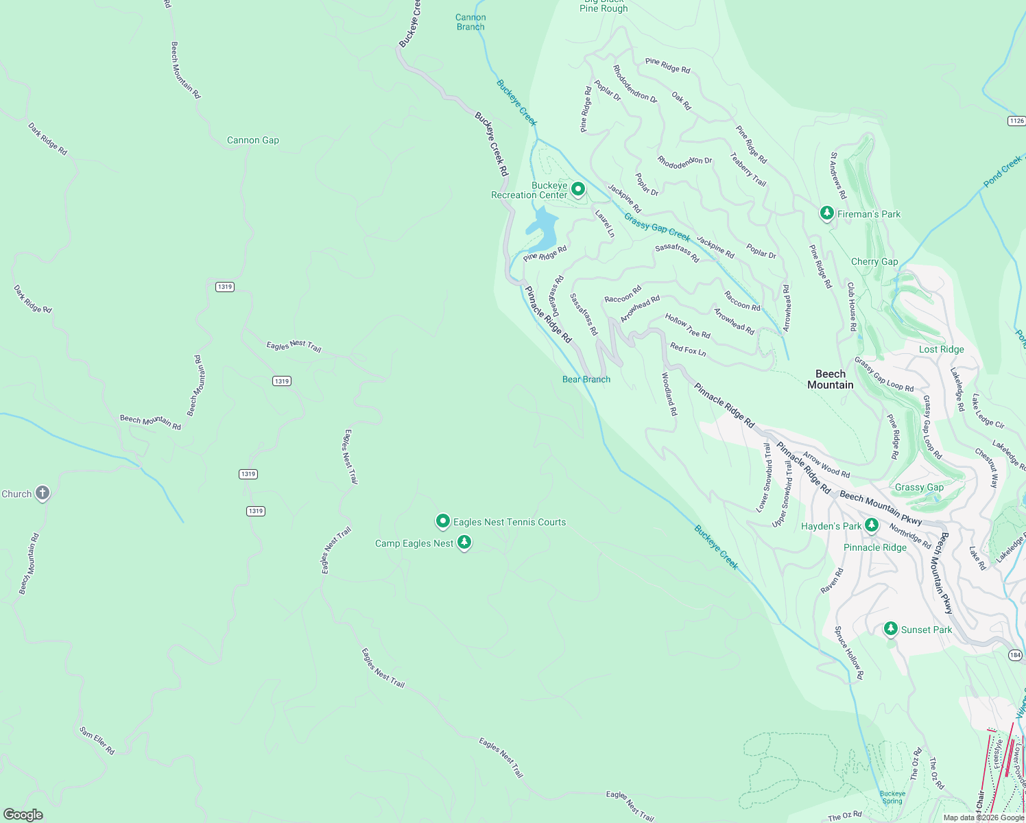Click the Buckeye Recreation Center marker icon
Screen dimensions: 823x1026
[578, 189]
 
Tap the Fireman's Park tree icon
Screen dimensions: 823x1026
[827, 213]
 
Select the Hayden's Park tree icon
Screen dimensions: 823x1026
[871, 525]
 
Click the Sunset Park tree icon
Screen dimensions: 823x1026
[890, 629]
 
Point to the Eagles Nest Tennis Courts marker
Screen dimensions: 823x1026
[443, 522]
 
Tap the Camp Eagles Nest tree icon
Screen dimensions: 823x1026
[464, 543]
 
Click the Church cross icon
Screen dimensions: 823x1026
[43, 493]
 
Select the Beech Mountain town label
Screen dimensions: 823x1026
[830, 379]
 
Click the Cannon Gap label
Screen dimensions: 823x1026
[253, 140]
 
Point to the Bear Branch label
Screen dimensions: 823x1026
[586, 379]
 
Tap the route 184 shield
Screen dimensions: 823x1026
[1016, 655]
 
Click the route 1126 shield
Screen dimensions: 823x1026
[1016, 121]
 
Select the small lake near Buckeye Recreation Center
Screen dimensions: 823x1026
[542, 230]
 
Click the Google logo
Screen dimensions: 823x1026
[23, 814]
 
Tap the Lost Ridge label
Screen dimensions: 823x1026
[941, 349]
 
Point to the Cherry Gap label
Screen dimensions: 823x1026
[874, 261]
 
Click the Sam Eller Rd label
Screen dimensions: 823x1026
[97, 741]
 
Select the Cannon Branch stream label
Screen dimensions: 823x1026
[470, 22]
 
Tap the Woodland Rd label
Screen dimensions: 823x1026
[669, 394]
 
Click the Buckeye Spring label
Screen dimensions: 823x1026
[892, 797]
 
